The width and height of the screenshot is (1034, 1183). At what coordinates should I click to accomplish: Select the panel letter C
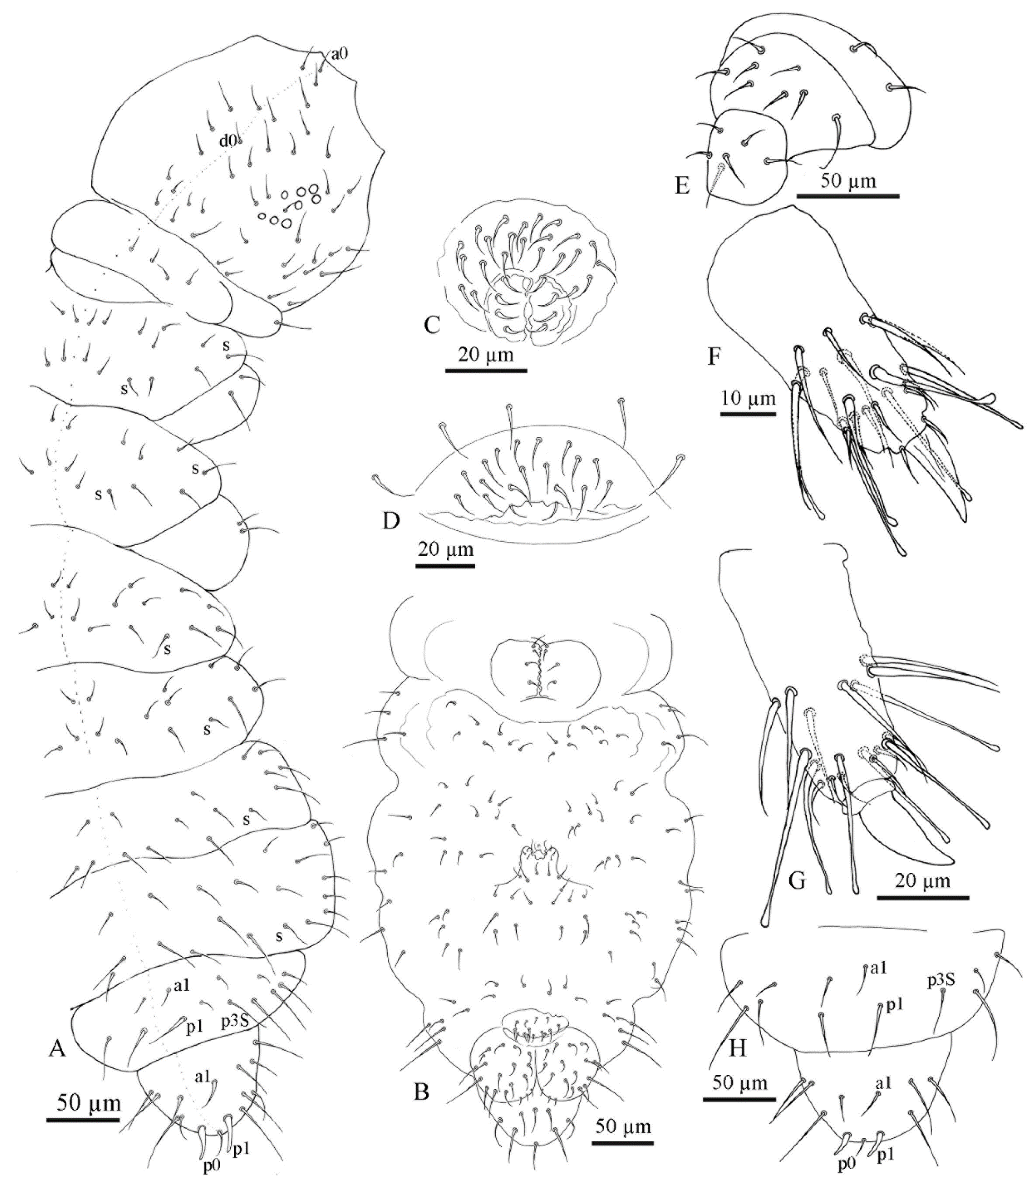432,326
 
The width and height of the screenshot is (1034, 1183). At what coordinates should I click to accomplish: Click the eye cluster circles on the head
291,205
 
